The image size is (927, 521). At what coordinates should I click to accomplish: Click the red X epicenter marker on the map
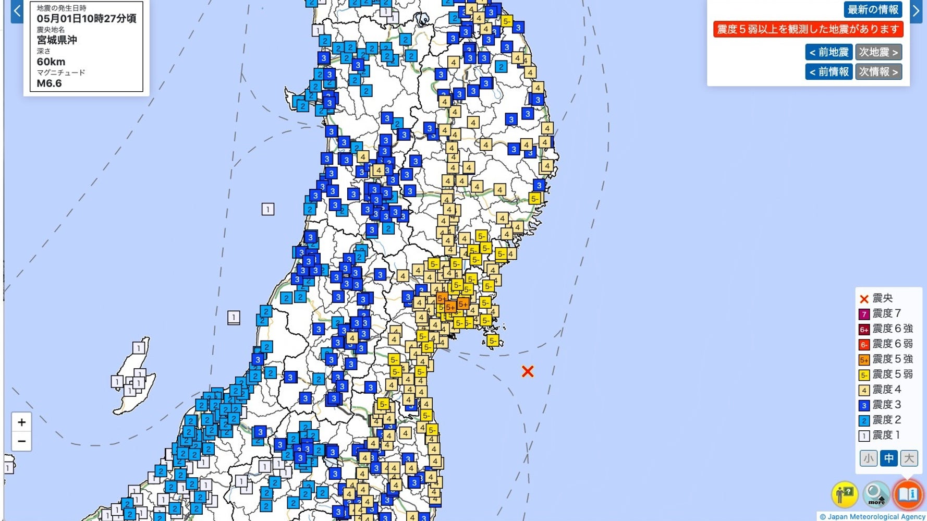pos(528,371)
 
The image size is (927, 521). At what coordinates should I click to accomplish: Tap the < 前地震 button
pos(829,52)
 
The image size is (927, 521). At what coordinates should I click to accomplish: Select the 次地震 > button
pos(879,52)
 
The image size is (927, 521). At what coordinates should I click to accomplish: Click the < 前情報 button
pos(829,71)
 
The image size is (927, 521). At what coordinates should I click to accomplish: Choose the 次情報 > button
pos(879,71)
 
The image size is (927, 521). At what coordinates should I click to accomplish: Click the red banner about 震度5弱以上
pos(808,29)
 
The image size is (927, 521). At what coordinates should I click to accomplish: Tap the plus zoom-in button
pos(21,422)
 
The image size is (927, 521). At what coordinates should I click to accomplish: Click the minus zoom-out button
pos(21,441)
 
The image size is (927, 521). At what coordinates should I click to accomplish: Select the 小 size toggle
pos(868,458)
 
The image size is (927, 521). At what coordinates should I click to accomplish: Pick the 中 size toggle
pos(888,458)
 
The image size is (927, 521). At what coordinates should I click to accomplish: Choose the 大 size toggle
pos(909,458)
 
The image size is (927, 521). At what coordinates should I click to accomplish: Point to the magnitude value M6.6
pos(49,83)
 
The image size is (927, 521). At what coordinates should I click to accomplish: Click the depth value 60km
pos(51,62)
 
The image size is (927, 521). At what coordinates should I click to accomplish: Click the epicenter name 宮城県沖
pos(57,40)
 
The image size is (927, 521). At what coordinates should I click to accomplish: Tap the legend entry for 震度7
pos(886,313)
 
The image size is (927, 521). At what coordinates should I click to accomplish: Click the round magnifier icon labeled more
pos(876,494)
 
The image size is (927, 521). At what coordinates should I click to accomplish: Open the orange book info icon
pos(908,494)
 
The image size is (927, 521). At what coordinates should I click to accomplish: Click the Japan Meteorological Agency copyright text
pos(872,517)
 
